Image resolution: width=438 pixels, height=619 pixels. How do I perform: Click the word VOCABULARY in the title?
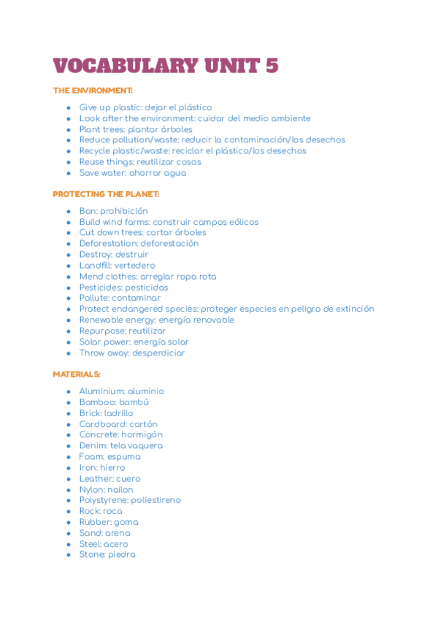point(125,65)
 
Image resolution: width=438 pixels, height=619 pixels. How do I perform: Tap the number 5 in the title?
point(271,65)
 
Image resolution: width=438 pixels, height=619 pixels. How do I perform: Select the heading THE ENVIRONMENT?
point(93,91)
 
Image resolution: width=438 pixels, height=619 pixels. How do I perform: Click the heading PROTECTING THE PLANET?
point(106,194)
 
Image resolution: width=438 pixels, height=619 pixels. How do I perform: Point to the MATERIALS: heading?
point(77,374)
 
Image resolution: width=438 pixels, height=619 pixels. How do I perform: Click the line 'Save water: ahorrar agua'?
point(132,173)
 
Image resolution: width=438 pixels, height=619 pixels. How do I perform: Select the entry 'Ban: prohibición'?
point(113,211)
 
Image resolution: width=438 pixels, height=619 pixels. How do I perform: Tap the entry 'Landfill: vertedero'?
point(117,266)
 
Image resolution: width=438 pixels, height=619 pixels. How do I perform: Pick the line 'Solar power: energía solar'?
point(134,342)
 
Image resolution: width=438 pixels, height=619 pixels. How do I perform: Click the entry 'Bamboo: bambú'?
point(114,402)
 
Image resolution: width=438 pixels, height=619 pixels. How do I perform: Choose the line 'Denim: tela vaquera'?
point(120,445)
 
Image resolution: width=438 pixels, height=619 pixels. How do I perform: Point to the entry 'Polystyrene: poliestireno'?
point(130,500)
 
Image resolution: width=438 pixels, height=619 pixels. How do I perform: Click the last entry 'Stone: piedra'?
point(107,554)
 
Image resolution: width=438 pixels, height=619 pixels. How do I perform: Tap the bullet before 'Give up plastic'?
point(69,107)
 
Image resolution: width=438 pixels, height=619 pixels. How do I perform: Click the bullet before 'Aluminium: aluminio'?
point(69,391)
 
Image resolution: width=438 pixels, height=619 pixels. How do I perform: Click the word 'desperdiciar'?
point(158,353)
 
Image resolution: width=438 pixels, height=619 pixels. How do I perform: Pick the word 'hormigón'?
point(142,434)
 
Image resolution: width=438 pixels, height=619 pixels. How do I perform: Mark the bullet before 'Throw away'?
point(69,353)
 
